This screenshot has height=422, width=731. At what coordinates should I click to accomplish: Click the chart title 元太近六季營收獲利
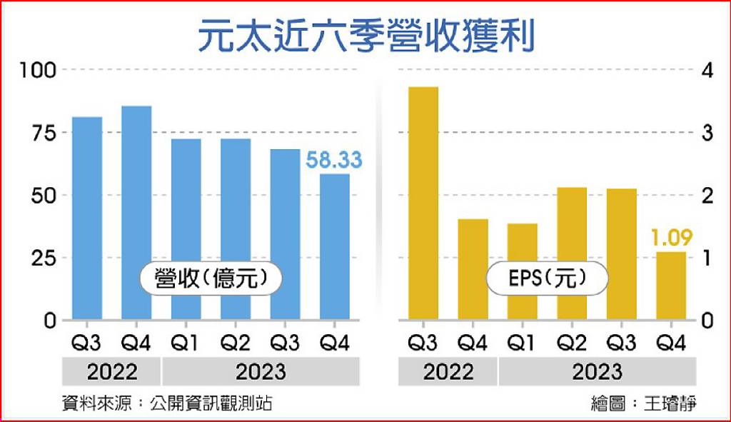coord(366,36)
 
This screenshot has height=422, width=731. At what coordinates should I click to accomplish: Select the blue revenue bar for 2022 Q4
coord(136,213)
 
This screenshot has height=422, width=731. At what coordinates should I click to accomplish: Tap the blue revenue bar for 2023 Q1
coord(186,229)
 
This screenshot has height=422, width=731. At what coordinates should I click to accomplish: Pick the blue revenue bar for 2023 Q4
coord(335,246)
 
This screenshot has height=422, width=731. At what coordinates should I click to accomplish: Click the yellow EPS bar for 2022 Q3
coord(423,204)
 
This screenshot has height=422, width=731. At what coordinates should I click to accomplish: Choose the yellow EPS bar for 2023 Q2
coord(572,253)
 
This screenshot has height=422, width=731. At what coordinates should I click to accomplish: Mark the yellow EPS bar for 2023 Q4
coord(671,286)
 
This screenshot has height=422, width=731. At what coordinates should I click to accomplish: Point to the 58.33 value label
coord(334,160)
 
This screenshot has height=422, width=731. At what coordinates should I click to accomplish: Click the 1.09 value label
coord(671,238)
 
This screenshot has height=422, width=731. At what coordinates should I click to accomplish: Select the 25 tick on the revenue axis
coord(44,258)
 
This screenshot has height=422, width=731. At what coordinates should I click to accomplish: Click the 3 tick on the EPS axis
coord(707,134)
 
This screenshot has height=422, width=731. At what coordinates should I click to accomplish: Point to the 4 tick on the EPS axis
coord(707,71)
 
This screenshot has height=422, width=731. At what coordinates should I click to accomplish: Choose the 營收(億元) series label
coord(211,278)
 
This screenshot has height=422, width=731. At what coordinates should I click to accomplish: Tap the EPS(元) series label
coord(548,278)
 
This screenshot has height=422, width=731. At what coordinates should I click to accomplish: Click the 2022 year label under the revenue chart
coord(112,372)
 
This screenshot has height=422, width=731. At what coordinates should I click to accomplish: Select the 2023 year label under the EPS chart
coord(598,372)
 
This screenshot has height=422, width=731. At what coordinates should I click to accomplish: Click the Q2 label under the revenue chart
coord(236,343)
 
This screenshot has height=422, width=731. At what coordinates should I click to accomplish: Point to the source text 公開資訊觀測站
coord(211,403)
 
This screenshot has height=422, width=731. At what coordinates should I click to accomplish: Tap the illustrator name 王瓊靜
coord(670,403)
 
